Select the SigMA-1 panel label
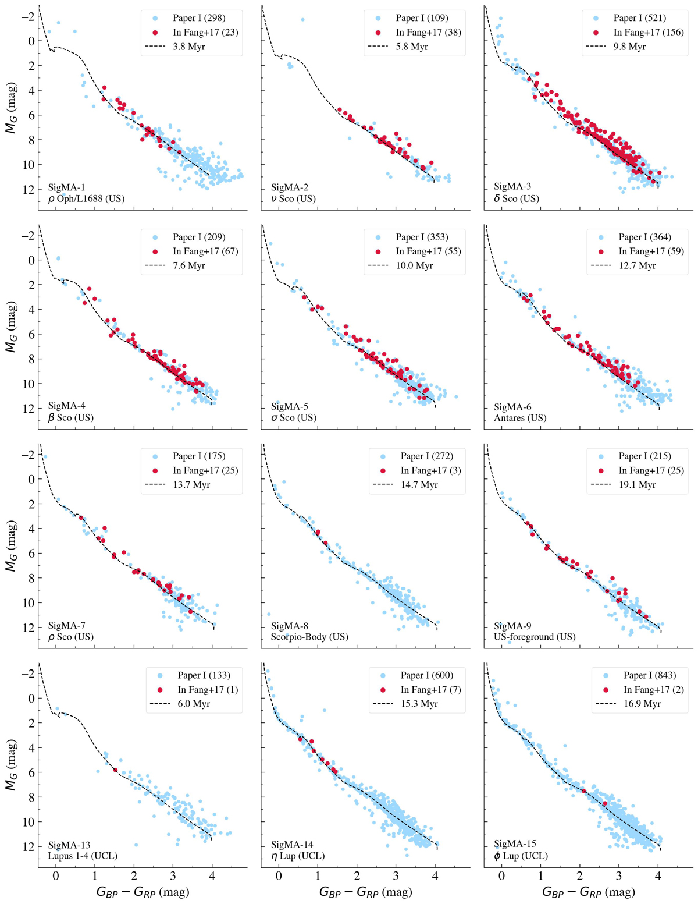66,187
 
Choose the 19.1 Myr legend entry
639,484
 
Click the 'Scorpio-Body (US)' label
309,637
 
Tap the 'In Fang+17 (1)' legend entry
208,690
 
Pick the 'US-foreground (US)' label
535,637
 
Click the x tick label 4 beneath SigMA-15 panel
658,877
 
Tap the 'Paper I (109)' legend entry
422,18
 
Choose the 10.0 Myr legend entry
415,265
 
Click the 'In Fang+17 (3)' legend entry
430,470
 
